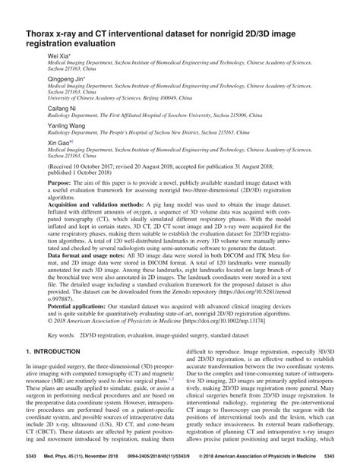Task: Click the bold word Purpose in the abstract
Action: pos(60,184)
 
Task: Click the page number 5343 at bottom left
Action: pos(32,456)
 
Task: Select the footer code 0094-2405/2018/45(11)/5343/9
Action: pos(159,456)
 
